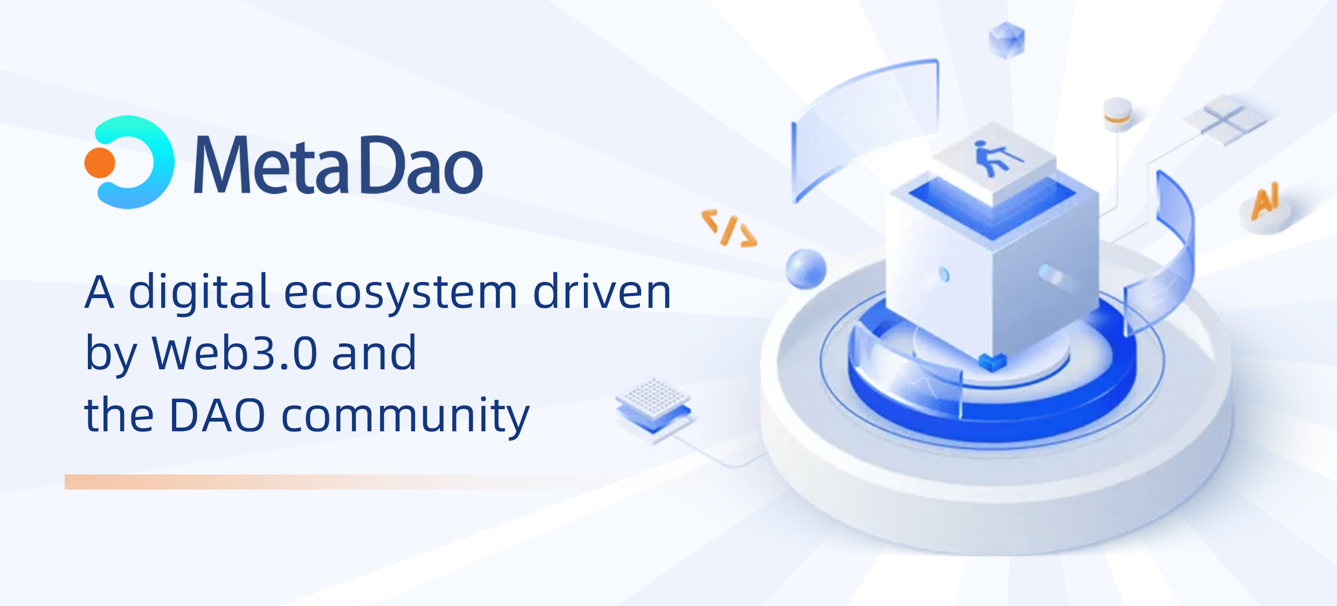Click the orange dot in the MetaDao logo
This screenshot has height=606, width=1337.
100,162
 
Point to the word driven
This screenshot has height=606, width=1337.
602,291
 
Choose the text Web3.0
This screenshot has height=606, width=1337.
235,353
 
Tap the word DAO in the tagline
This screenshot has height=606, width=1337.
217,415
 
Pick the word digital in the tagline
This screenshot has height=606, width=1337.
199,293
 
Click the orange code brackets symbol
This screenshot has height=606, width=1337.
729,228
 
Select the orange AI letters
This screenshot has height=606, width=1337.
1265,201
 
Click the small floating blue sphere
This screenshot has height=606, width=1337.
806,268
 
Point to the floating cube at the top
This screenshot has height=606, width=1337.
1007,40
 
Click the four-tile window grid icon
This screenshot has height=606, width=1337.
1225,120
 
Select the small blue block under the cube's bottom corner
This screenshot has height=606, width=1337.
992,362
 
